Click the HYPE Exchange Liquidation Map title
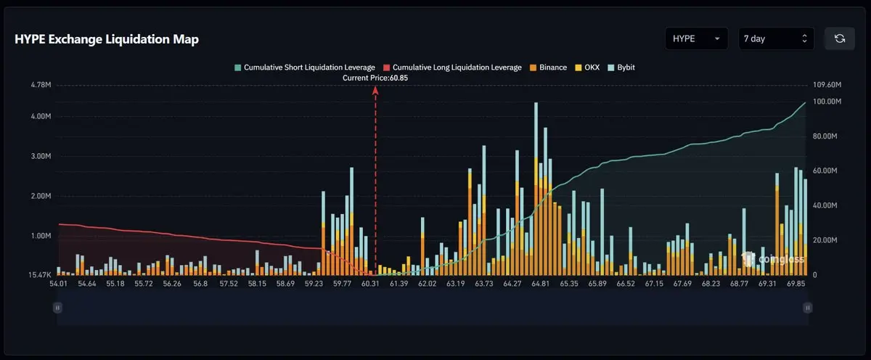pos(107,39)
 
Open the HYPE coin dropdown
pos(696,38)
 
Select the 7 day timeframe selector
pos(776,38)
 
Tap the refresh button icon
pos(840,38)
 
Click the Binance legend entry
pos(548,67)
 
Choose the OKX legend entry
pos(587,67)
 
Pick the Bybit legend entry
pos(621,67)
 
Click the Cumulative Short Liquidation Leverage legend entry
pos(305,67)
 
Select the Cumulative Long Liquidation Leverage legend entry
pos(453,67)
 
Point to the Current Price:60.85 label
pos(375,78)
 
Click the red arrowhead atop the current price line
pos(375,91)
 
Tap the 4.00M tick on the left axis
pos(41,116)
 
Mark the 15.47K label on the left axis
pos(40,275)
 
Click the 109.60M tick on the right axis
pos(827,85)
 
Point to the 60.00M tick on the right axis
pos(825,171)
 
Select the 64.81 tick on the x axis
pos(541,284)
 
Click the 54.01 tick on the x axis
pos(58,284)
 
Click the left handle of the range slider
pos(57,308)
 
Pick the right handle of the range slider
pos(808,308)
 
